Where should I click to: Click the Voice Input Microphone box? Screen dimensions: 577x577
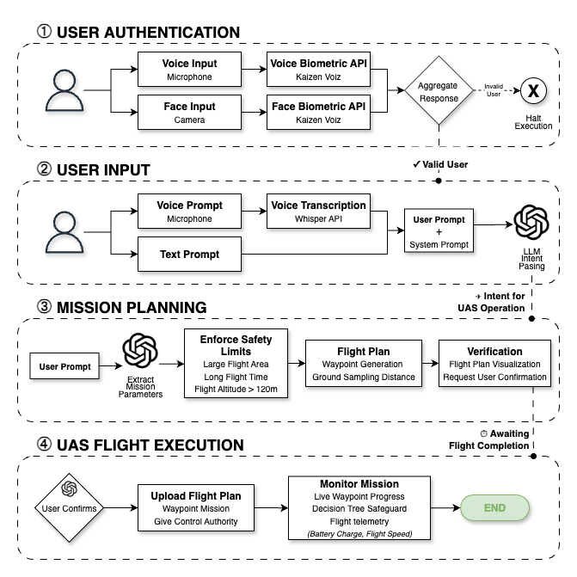click(x=189, y=71)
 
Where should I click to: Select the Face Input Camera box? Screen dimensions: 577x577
click(x=189, y=113)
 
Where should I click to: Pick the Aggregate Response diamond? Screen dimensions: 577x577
click(x=438, y=91)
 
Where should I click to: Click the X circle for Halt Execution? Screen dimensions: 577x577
click(x=534, y=90)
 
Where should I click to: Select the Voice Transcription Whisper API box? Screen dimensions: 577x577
click(x=318, y=212)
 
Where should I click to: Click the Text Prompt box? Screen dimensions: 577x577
click(x=189, y=255)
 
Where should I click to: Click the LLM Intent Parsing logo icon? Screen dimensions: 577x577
click(x=531, y=224)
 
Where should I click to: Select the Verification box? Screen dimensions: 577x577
click(x=494, y=365)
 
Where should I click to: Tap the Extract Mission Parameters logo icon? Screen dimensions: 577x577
click(x=141, y=352)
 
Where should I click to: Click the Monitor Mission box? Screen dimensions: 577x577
click(x=360, y=508)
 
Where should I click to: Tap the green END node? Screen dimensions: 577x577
click(x=494, y=508)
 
